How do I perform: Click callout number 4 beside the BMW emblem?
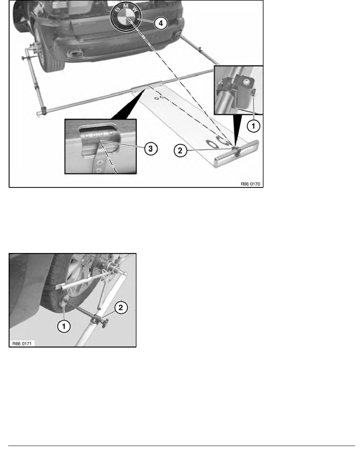pos(161,23)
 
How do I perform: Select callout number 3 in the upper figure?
pos(151,149)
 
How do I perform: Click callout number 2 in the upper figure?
pos(180,150)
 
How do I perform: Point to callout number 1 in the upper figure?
pos(253,126)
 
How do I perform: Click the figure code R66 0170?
pos(250,184)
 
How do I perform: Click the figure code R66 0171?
pos(22,344)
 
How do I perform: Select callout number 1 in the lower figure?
pos(64,326)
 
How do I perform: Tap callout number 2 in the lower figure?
pos(121,308)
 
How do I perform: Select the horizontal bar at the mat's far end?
pos(236,154)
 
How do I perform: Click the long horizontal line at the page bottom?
pos(181,446)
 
